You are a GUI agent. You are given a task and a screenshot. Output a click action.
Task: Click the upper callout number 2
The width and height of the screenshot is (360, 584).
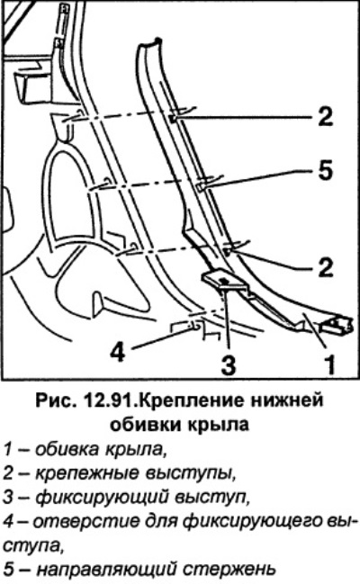tap(325, 116)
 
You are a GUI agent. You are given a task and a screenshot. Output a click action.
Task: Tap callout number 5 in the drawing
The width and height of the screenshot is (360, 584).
tap(325, 171)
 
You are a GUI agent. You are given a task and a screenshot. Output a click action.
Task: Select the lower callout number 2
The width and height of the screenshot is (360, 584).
tap(325, 267)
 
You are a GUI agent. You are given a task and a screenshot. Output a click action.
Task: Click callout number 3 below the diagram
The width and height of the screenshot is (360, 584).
tap(229, 364)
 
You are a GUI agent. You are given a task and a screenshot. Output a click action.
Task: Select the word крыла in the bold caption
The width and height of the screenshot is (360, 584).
tap(223, 425)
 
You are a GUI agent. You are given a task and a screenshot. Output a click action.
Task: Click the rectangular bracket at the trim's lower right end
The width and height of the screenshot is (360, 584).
tap(336, 325)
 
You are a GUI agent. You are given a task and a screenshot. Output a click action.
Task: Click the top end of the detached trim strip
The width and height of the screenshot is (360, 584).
tap(149, 41)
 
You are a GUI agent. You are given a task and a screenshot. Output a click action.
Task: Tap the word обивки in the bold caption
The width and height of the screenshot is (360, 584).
tap(151, 424)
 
